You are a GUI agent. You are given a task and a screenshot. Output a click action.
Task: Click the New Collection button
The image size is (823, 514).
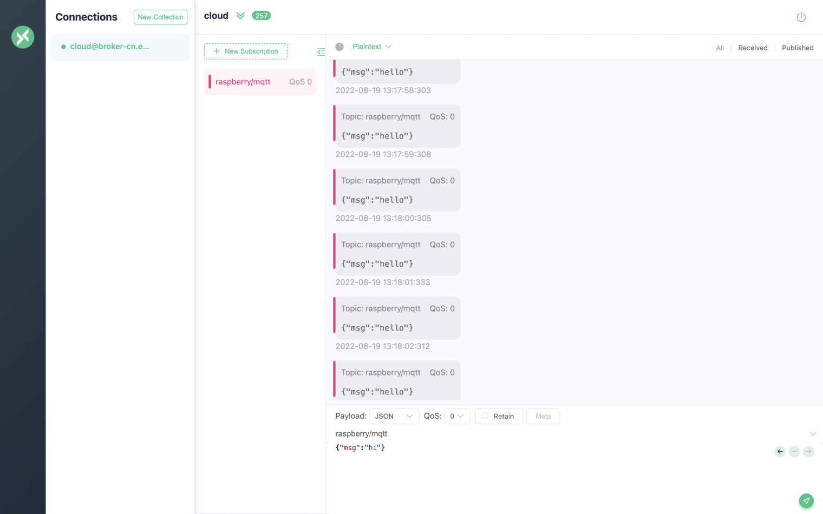coord(160,17)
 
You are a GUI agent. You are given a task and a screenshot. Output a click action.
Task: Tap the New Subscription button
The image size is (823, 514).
coord(246,51)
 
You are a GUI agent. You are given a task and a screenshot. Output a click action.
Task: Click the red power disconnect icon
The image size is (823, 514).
coord(801,17)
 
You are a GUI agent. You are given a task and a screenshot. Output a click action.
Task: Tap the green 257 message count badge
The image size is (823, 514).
coord(261,16)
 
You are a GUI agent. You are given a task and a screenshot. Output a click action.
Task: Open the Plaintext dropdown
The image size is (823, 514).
coord(372,47)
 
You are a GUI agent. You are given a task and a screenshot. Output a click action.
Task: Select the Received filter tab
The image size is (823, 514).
coord(753,48)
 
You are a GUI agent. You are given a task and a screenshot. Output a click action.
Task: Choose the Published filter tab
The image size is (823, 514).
coord(798,48)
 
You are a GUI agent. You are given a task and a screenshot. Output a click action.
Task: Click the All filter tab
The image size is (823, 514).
coord(720,48)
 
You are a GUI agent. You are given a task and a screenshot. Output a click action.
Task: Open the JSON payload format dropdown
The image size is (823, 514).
coord(394,416)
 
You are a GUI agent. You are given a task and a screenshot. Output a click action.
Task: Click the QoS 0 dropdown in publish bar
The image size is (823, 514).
coord(456,416)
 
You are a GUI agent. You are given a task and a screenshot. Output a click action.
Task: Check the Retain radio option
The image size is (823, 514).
coord(485,416)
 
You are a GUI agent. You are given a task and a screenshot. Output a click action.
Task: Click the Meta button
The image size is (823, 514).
coord(543,416)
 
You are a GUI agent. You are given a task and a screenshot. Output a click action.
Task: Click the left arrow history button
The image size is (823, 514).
coord(780,451)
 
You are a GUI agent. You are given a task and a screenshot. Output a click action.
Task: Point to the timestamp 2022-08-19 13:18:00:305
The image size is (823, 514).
coord(383,219)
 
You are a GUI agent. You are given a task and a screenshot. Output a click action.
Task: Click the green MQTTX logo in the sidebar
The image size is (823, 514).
coord(23,37)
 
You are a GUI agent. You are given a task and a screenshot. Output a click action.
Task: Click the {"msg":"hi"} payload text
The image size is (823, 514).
coord(360,447)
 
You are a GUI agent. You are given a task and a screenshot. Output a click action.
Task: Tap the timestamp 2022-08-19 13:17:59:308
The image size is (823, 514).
coord(383,155)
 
